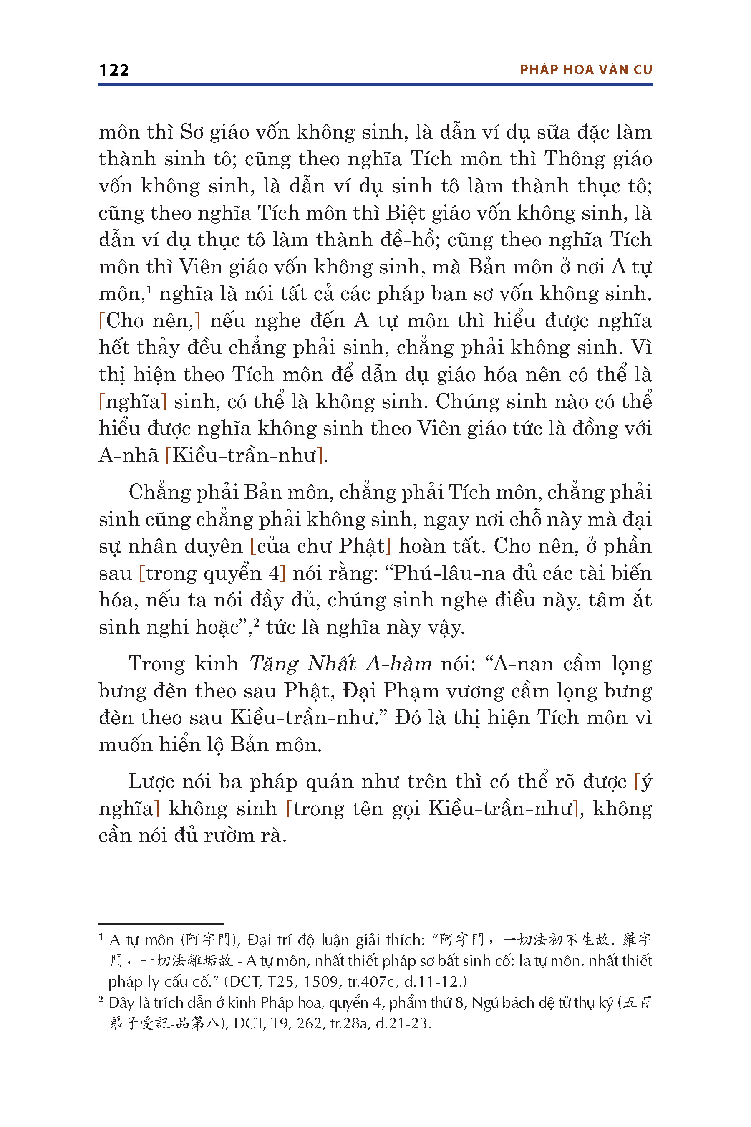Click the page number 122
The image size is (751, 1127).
114,70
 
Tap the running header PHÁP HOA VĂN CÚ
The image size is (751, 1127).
586,70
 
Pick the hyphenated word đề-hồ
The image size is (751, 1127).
410,240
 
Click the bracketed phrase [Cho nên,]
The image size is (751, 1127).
149,321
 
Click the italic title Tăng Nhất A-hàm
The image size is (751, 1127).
340,664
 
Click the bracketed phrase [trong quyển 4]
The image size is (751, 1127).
212,574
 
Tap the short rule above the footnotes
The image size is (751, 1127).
161,924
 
